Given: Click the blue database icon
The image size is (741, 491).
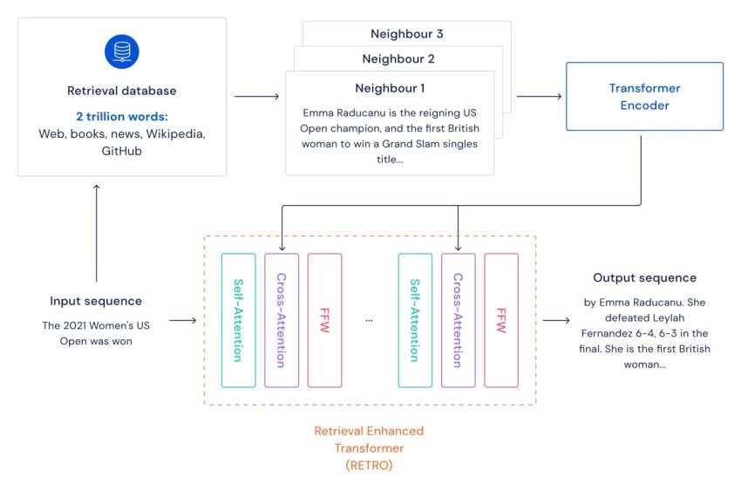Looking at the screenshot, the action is click(122, 51).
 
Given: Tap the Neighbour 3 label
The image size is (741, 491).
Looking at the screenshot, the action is click(407, 34).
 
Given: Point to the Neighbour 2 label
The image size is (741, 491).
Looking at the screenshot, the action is click(398, 59).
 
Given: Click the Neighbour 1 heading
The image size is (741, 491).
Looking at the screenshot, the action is click(390, 88).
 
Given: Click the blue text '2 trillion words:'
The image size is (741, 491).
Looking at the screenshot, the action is click(122, 117).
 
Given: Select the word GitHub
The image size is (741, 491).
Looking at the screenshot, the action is click(121, 151).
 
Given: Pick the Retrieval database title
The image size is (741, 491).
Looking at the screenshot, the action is click(121, 91).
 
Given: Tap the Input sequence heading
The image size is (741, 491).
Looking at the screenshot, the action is click(96, 301).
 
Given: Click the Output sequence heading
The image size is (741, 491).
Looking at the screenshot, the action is click(644, 278).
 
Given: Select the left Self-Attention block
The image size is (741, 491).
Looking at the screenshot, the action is click(239, 320).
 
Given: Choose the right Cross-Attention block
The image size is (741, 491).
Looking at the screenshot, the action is click(458, 320).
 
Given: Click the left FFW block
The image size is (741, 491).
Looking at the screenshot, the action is click(324, 320).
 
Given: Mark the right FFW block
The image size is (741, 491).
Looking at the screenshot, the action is click(501, 320).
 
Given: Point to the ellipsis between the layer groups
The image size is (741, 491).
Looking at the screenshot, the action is click(369, 321).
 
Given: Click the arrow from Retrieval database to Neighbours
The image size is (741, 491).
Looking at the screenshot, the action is click(256, 97).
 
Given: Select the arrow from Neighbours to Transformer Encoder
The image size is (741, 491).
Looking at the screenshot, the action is click(540, 97).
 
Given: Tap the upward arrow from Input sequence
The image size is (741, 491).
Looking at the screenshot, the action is click(97, 233).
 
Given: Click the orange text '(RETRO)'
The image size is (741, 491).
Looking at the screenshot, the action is click(369, 466).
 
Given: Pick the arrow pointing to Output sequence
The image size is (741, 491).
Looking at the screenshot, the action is click(556, 320).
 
